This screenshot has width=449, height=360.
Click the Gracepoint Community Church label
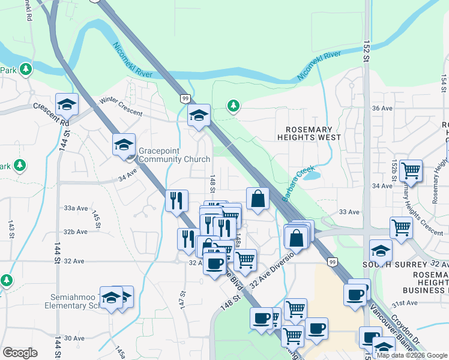tap(174, 155)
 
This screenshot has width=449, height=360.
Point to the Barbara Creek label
tap(299, 183)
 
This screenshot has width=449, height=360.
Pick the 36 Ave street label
tap(382, 108)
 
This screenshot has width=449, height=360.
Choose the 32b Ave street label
tap(76, 232)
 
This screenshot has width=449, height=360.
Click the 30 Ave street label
tap(74, 338)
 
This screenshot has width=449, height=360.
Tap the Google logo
tap(20, 353)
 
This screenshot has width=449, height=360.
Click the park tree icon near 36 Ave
tap(233, 106)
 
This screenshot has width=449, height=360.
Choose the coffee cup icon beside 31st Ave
tap(355, 294)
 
